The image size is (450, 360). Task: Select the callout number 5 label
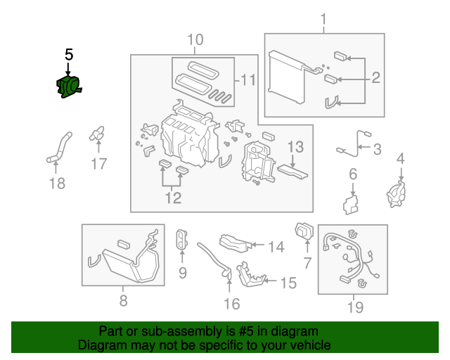68,54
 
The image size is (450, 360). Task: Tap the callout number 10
195,39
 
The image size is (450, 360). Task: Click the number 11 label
246,81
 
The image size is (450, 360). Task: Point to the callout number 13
295,147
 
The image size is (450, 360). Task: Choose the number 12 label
173,198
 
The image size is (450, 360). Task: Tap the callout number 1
323,18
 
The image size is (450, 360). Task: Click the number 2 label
375,77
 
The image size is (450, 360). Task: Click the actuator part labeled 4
398,193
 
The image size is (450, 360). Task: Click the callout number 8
123,302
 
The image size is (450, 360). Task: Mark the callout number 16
231,304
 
